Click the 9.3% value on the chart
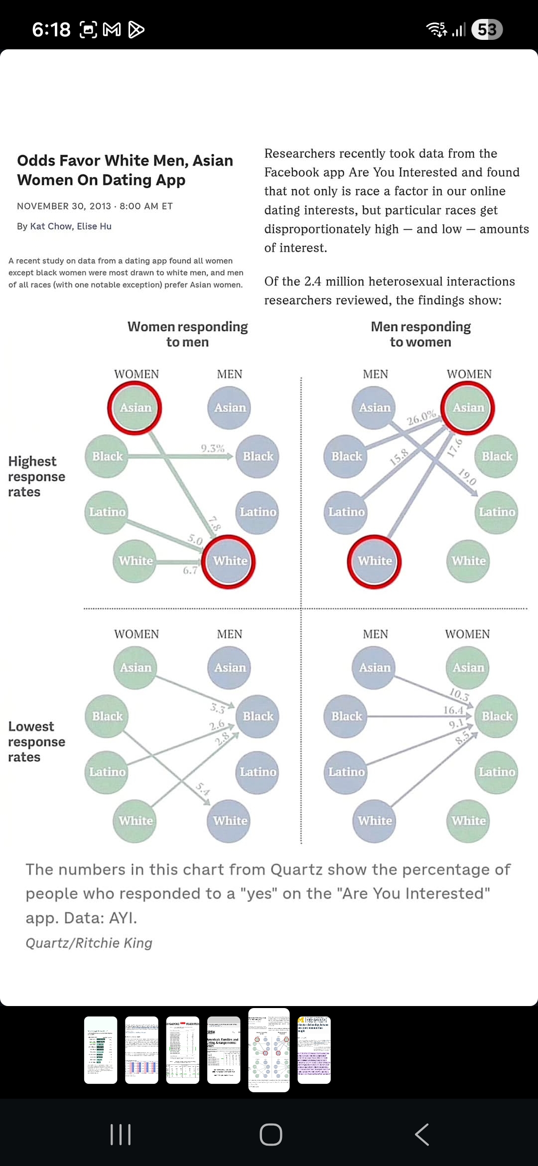pos(213,448)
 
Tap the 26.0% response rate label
pos(421,418)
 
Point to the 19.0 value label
pos(467,477)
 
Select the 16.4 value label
pos(453,710)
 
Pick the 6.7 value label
pos(190,571)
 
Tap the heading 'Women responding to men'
pos(187,334)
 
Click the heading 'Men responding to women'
pos(420,334)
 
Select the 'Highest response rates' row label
pos(36,476)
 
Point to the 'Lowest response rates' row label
pos(36,741)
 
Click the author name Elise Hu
pos(94,226)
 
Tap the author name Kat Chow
pos(51,226)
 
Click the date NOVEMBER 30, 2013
pos(64,206)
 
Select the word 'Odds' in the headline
pos(36,160)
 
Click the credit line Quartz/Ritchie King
pos(89,943)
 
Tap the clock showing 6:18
pos(51,30)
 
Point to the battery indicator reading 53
pos(486,30)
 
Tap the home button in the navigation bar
pos(270,1135)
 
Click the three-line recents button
pos(120,1135)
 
